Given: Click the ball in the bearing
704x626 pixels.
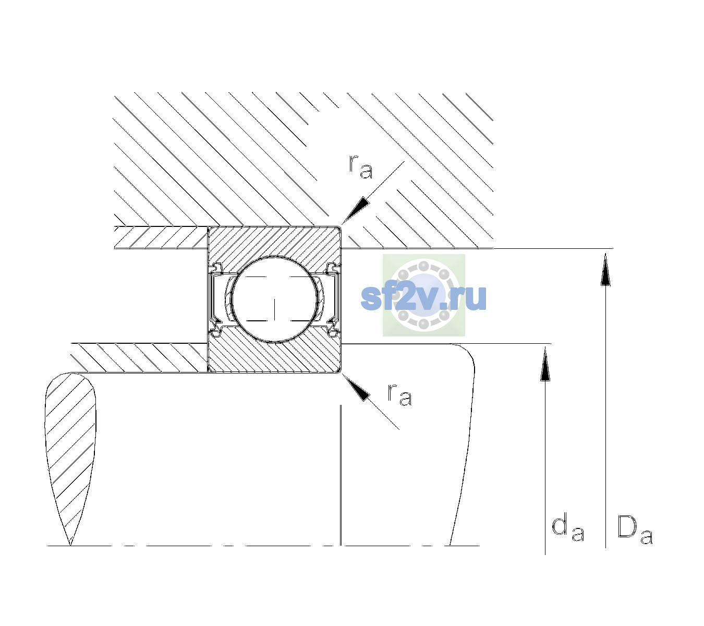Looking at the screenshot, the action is click(274, 299).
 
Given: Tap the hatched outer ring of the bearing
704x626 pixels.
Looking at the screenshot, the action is click(274, 243).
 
